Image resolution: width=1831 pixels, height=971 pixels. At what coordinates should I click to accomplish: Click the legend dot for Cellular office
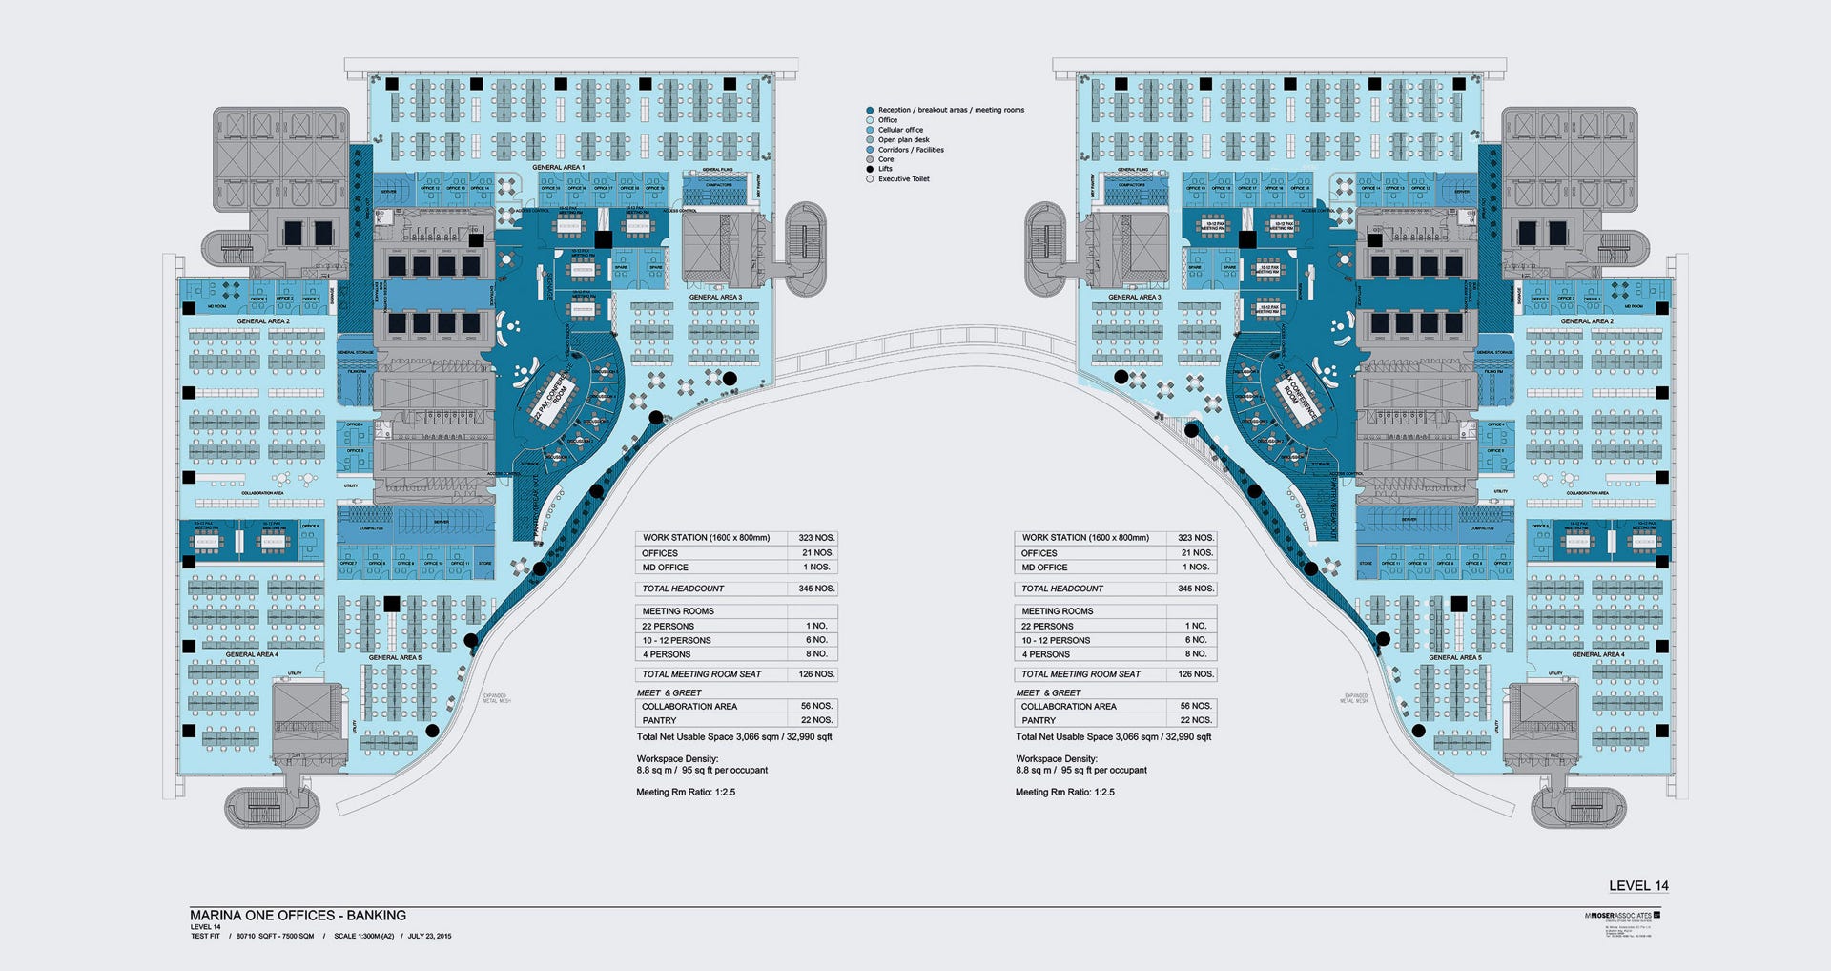[870, 130]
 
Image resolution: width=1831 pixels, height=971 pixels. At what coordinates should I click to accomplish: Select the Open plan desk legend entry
[903, 140]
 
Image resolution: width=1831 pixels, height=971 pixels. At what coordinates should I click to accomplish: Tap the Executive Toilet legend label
[903, 179]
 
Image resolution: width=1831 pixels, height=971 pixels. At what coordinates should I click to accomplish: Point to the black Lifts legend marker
[870, 169]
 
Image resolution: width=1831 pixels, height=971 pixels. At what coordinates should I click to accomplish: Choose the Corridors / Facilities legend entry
[911, 150]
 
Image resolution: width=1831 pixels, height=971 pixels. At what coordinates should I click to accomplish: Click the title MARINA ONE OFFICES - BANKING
[298, 915]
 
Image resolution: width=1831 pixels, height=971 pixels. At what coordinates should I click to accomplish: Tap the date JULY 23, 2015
[429, 937]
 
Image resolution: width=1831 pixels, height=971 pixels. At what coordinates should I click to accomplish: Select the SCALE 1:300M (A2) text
[363, 937]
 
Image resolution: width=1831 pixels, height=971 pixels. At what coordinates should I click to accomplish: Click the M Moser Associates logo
[1622, 916]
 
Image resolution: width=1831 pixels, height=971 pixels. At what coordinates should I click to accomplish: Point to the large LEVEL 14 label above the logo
[1638, 886]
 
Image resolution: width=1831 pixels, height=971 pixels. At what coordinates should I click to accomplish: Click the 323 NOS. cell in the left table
[816, 538]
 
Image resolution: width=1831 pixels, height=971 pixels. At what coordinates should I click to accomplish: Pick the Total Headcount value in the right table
[1196, 589]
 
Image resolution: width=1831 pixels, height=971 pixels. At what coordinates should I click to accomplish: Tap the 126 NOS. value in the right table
[1196, 674]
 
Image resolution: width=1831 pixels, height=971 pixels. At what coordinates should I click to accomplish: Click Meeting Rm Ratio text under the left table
[686, 793]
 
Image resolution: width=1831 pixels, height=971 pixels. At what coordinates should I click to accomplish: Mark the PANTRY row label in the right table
[1039, 721]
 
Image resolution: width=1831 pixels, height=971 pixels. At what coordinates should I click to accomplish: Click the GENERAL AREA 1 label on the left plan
[558, 168]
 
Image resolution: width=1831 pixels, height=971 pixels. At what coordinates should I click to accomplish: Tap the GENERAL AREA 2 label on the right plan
[1587, 321]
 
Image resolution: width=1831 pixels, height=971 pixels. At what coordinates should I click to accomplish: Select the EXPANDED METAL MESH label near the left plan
[496, 698]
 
